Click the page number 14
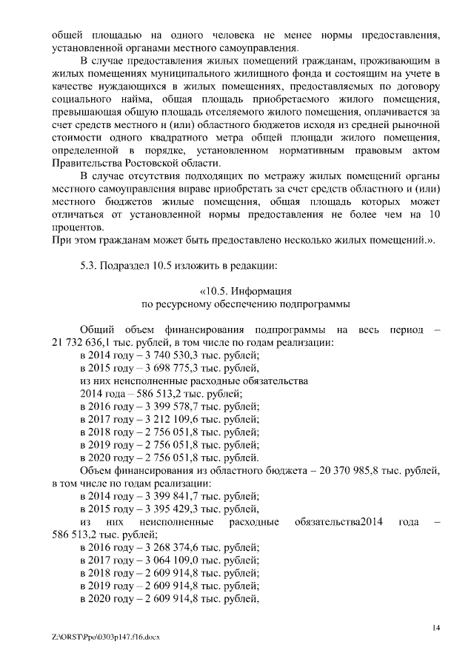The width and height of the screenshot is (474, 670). [x=436, y=628]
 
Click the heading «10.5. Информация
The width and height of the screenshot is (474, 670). [x=245, y=292]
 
